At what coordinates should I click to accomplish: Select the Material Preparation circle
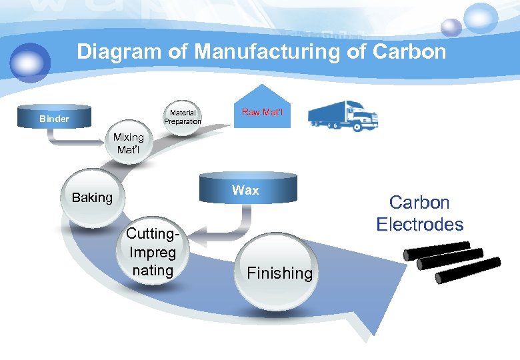pos(182,117)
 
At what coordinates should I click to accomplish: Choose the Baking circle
pos(92,198)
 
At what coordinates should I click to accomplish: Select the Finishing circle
pos(279,272)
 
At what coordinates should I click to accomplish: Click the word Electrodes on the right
pos(419,224)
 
